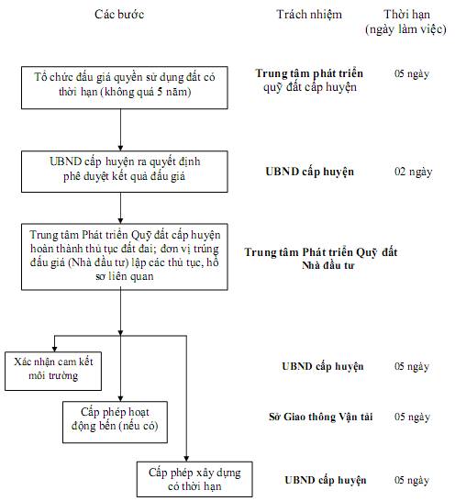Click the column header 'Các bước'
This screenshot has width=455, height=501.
coord(119,15)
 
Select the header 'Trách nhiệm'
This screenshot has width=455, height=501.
coord(309,15)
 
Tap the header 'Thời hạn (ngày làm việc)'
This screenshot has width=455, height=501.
coord(405,22)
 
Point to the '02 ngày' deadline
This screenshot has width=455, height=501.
coord(413,172)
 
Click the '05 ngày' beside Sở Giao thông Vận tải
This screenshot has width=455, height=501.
coord(412,417)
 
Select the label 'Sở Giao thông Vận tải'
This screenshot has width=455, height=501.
coord(321,417)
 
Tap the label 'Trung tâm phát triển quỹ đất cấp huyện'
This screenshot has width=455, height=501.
coord(309,80)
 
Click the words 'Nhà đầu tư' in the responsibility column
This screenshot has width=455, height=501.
coord(328,265)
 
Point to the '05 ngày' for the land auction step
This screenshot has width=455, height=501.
coord(412,73)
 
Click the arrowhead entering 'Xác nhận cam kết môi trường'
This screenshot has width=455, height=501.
coord(55,349)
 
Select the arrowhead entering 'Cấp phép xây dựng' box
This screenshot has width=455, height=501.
coord(186,459)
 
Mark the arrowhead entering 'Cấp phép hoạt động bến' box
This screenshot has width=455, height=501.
coord(120,398)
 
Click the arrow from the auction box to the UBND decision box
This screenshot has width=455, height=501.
coord(120,130)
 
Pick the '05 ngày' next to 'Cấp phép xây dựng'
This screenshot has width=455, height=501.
coord(412,480)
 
